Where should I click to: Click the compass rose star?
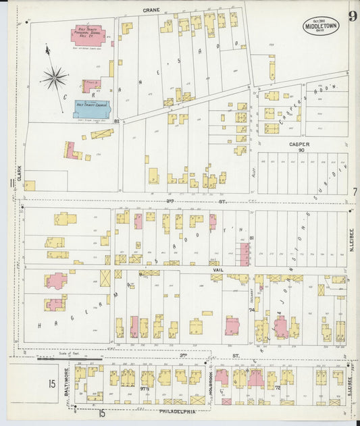pos(54,78)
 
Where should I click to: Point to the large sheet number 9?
pos(353,16)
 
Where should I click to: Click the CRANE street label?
pos(151,11)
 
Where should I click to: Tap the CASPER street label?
pos(299,144)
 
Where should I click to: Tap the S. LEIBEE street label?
pos(352,387)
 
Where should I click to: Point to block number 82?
pos(117,122)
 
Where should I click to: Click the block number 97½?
pos(145,390)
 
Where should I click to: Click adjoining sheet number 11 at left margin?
pos(11,184)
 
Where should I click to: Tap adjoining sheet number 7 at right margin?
pos(354,192)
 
